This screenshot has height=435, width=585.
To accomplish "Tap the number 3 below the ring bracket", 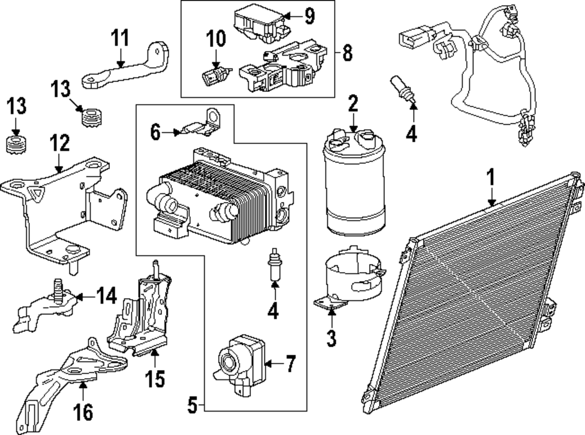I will (332, 338).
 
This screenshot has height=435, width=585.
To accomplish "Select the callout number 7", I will (290, 365).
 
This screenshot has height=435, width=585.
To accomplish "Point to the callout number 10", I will (216, 39).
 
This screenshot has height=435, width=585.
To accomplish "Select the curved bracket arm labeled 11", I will (126, 67).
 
